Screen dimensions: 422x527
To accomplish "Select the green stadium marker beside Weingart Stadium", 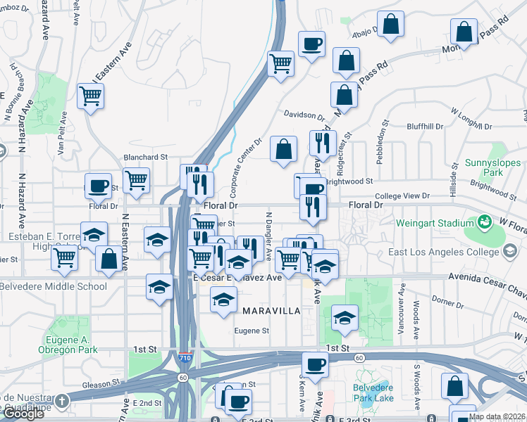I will (485, 222).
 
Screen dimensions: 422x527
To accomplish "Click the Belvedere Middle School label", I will (53, 286).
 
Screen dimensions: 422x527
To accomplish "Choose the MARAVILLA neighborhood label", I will (271, 310).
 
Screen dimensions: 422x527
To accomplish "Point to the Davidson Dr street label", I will (304, 114).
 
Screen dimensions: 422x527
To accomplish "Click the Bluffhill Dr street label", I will (424, 127).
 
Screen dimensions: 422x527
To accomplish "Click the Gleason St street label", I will (99, 384).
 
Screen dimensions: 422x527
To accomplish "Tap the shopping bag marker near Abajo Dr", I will (391, 24).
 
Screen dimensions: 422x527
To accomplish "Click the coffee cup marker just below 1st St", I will (315, 364).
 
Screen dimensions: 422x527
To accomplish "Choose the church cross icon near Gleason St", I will (61, 401).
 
